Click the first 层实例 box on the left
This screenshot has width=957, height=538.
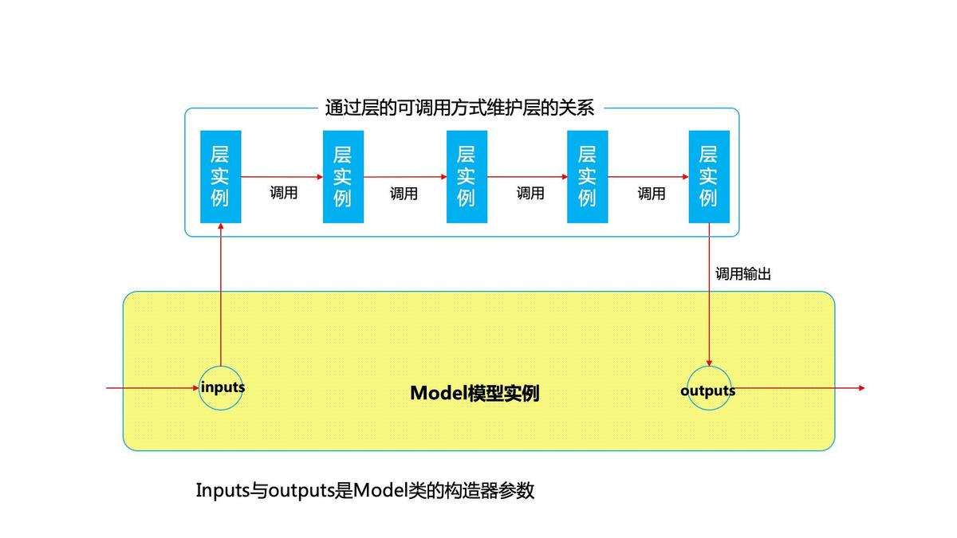220,176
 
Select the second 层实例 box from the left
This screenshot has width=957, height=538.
343,176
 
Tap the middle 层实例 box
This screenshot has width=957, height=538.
467,176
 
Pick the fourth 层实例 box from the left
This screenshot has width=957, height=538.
587,176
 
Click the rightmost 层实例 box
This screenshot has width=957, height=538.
708,176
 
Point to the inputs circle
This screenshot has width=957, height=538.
221,388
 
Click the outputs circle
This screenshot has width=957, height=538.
708,390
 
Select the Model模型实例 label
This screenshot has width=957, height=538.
475,393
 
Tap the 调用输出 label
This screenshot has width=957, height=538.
742,273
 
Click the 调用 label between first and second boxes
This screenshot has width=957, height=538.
283,193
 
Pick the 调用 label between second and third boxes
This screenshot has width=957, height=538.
404,193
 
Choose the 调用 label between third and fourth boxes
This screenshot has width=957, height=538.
530,193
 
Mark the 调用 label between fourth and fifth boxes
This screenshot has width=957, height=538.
652,193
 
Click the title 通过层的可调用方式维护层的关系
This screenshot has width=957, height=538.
459,108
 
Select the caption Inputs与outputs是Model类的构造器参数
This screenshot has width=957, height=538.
364,490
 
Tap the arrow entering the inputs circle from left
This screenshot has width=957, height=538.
152,388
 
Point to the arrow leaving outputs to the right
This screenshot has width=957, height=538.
797,388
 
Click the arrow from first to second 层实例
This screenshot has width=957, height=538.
282,176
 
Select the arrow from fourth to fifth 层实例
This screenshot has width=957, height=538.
648,176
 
